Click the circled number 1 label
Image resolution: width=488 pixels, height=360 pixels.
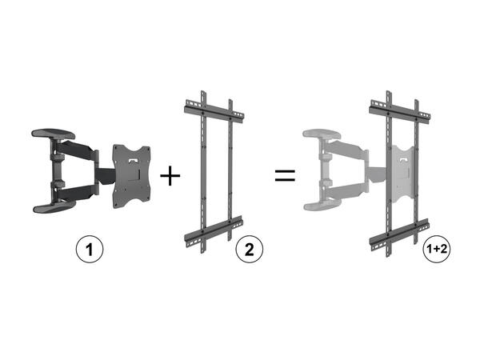89,250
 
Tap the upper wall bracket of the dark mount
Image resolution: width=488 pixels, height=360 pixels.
54,134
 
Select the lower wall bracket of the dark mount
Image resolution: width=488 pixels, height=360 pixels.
54,206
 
